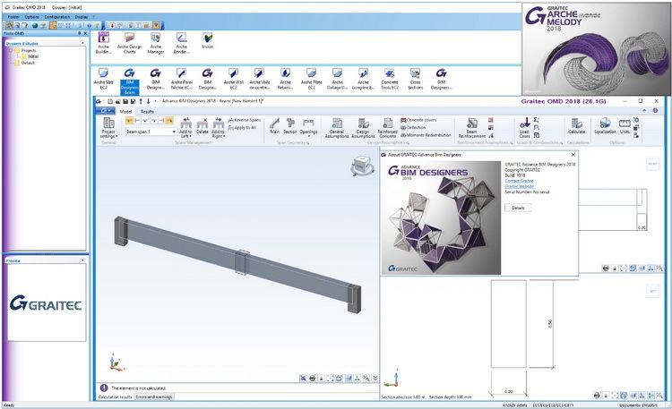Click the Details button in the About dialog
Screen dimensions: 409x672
click(518, 207)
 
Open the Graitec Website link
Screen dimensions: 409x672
click(520, 186)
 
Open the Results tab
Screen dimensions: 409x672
click(147, 111)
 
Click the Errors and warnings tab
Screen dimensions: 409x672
click(155, 396)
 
